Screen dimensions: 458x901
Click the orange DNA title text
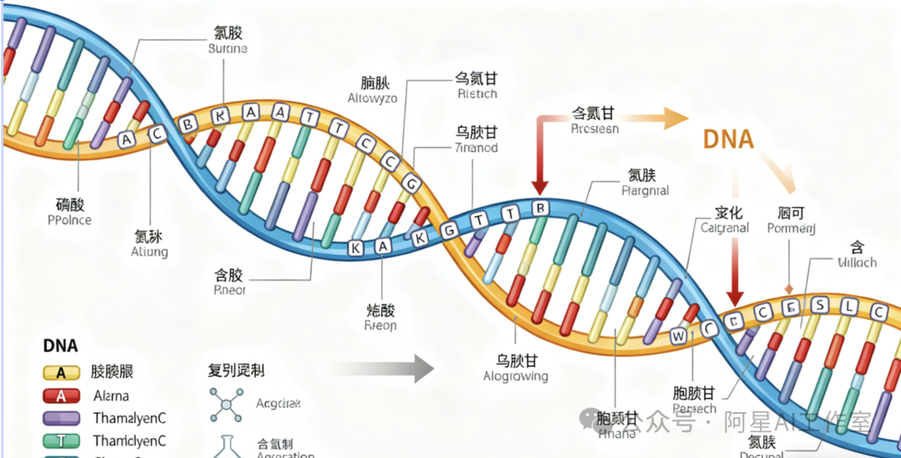728,138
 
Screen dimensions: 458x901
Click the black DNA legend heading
60,346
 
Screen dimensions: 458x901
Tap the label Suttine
227,49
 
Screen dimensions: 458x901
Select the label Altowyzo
372,98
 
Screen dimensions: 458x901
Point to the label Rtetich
476,94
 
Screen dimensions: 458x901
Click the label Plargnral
646,190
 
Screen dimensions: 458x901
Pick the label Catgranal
724,227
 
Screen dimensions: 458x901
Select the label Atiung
149,251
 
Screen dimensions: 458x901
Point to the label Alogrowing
516,376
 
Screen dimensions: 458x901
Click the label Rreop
380,326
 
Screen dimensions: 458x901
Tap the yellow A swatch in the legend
61,373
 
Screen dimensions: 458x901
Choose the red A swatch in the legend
61,396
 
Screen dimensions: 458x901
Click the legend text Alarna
111,396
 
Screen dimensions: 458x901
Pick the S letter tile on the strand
819,305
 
